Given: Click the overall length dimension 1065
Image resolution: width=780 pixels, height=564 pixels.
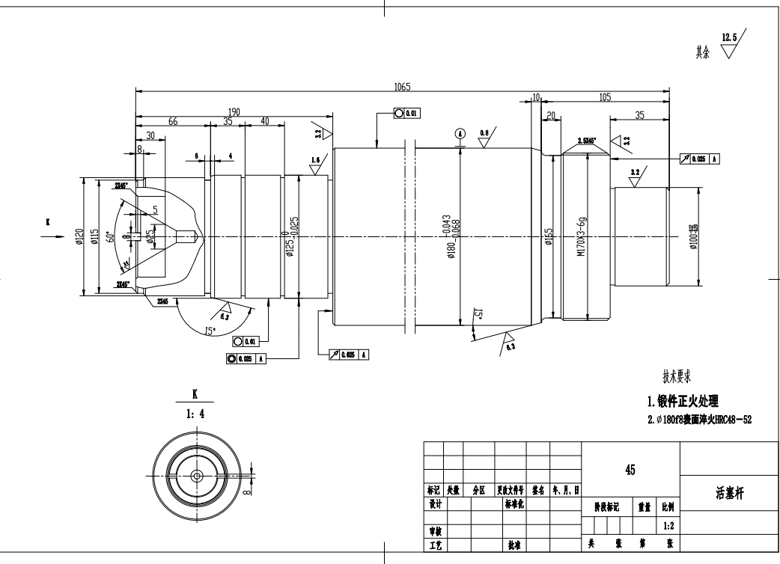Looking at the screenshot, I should pos(402,87).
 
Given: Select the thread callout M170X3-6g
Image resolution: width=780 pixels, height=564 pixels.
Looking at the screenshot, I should pos(582,238).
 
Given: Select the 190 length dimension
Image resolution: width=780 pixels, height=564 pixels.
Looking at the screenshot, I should pos(234,112).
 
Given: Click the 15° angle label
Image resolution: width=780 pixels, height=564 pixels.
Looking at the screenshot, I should pos(210,331).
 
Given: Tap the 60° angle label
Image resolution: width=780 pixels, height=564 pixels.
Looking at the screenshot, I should pos(112,237).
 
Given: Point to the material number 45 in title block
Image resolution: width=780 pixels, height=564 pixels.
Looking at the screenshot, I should pos(630,470).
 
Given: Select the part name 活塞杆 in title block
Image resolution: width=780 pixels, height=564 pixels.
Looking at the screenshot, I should pos(729,494).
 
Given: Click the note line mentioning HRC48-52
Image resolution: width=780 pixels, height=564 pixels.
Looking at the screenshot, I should pos(699,420).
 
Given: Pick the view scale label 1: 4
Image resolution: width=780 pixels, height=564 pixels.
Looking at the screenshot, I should pos(195,411).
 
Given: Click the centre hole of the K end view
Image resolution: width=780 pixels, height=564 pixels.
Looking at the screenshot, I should pos(196,475).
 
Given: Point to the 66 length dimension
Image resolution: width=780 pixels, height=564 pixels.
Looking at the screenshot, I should pos(173,122).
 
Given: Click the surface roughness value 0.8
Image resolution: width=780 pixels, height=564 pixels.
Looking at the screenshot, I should pos(485,132).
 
